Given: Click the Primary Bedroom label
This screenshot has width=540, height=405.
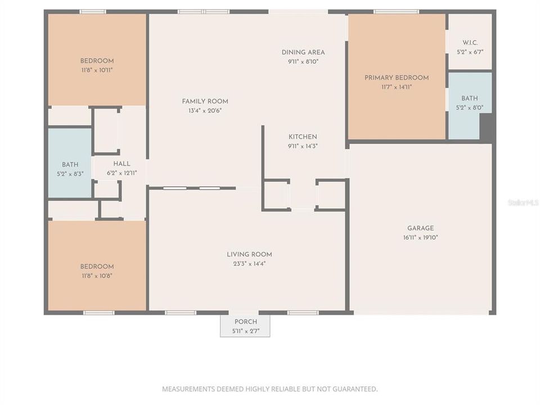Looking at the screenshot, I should point(396,78).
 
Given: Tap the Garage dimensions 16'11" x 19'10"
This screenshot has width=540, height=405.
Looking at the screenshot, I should point(420,237).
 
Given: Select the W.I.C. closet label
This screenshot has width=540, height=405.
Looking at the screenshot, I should point(470,43).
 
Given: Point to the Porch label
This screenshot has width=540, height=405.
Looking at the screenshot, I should point(245,321).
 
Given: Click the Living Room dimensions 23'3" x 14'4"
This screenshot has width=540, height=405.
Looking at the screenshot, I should point(249,263).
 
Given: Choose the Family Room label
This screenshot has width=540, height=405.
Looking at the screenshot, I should point(205,101).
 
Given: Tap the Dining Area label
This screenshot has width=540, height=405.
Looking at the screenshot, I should point(303,52).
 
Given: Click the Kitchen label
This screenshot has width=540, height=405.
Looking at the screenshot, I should point(303,137).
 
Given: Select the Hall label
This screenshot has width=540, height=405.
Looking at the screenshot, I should point(121,164).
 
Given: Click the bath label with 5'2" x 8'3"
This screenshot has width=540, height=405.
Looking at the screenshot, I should point(70,165).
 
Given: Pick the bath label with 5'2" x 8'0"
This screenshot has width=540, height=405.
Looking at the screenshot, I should point(470,98).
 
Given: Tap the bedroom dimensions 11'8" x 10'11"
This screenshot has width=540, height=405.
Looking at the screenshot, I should point(97,70).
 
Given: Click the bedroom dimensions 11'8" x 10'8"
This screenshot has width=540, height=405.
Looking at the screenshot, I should point(97,276).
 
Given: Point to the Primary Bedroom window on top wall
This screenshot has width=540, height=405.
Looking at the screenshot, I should point(396,11).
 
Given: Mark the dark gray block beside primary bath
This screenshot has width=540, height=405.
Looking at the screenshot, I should point(487,127).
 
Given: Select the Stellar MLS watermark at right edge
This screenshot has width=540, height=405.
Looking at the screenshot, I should point(523,202).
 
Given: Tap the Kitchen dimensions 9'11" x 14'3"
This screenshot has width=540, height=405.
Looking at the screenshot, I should point(303,146).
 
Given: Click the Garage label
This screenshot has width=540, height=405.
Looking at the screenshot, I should point(420,228).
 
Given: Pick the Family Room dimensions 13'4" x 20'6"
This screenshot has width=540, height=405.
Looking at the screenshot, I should point(205,111).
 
